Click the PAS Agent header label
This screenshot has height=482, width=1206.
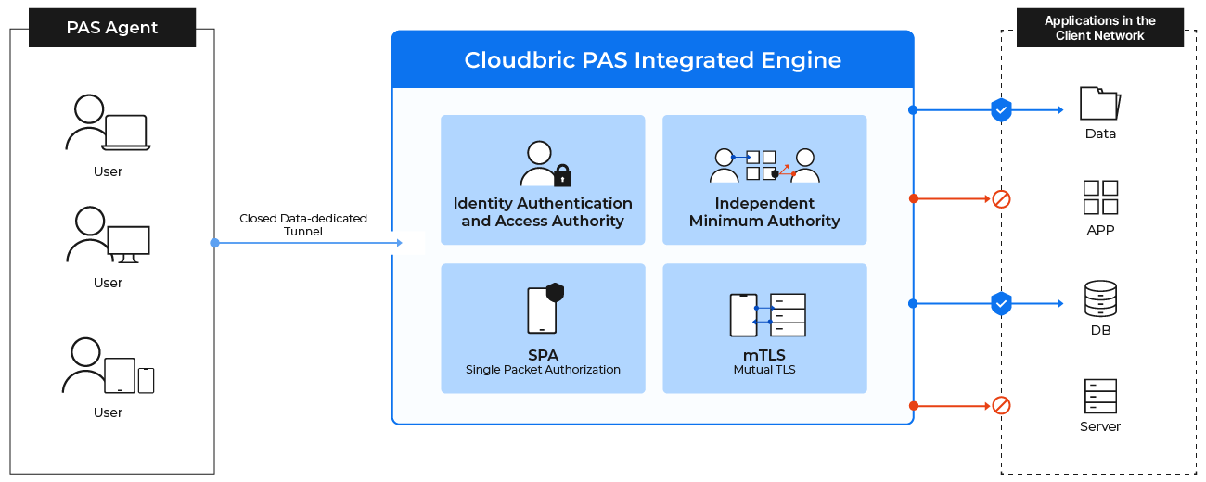(x=112, y=28)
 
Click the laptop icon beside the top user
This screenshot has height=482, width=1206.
(x=125, y=133)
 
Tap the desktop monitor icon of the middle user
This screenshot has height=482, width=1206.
(x=128, y=244)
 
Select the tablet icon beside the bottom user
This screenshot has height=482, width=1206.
(x=120, y=375)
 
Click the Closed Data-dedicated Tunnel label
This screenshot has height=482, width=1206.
(x=303, y=224)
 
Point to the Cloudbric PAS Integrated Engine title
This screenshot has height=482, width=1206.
(x=652, y=60)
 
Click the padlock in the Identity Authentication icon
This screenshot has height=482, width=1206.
(x=562, y=175)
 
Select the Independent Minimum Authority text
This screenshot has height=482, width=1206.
(x=764, y=212)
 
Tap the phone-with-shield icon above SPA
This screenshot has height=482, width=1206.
(x=545, y=309)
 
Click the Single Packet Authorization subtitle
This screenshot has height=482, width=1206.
(x=543, y=370)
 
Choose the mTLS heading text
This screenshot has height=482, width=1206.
(x=764, y=355)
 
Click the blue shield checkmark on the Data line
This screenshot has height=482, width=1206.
(x=1001, y=109)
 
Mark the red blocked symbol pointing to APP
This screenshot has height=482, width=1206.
(x=1001, y=199)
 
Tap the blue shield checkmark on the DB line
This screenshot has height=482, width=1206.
(x=1001, y=303)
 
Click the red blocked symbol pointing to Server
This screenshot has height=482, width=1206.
(x=1001, y=405)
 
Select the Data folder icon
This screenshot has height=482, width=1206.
(x=1100, y=103)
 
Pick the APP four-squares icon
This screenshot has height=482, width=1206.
(x=1100, y=197)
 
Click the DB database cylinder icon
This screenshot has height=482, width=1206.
(x=1100, y=298)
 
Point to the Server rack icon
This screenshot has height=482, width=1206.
(x=1100, y=396)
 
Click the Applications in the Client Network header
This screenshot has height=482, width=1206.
(x=1100, y=28)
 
